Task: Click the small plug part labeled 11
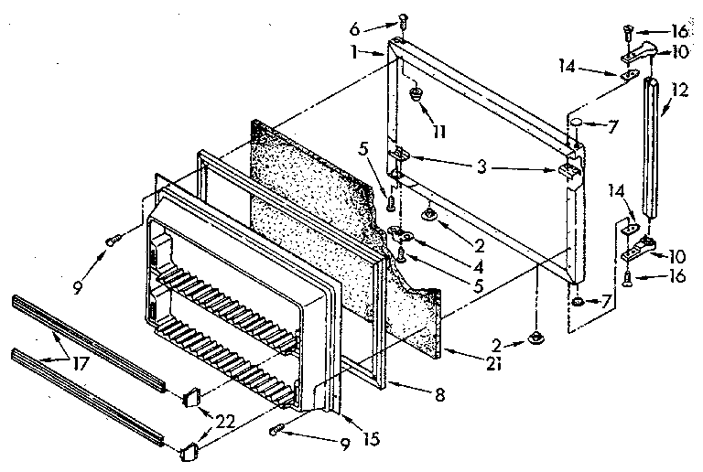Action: coord(416,94)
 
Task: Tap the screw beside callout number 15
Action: coord(278,429)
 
